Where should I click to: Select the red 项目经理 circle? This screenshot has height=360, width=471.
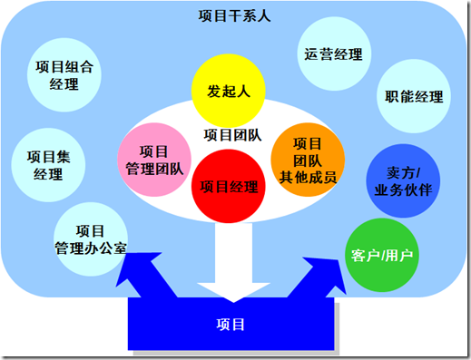(228, 187)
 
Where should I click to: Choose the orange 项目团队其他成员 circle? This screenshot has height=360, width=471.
(309, 160)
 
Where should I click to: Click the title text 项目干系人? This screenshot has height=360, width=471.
(234, 16)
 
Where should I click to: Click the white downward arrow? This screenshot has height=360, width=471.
(231, 263)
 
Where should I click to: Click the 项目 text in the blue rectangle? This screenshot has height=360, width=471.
(232, 324)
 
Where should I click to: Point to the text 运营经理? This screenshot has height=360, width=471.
(334, 54)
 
